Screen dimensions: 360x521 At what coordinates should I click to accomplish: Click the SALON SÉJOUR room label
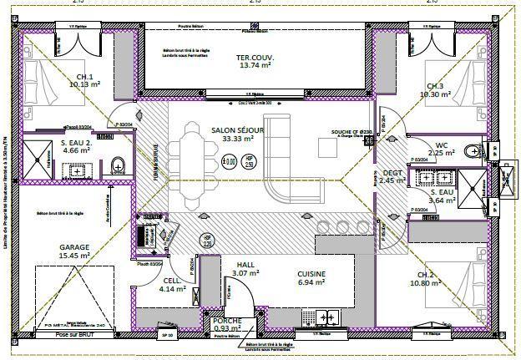[237, 130]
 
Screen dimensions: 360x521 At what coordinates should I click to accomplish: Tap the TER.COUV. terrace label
[256, 57]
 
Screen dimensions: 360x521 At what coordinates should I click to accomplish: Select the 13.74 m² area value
[256, 65]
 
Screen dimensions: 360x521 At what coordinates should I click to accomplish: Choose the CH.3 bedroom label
[434, 87]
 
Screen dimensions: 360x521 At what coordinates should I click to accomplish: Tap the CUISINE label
[311, 274]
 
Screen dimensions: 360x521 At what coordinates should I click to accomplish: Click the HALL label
[245, 264]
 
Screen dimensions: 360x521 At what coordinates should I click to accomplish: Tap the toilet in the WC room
[473, 151]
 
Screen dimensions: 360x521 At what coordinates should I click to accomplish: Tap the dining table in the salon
[191, 162]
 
